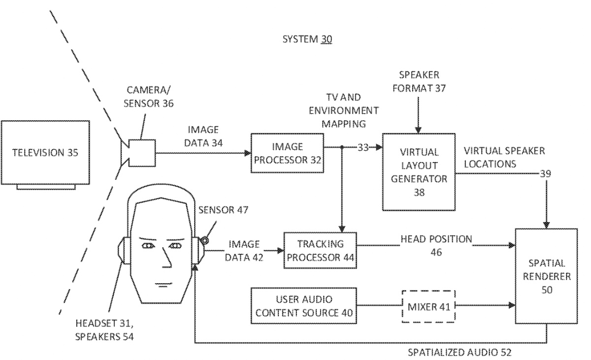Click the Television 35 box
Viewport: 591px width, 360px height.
[x=46, y=153]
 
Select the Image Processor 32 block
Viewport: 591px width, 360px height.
[x=287, y=153]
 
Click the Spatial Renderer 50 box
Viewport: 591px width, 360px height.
[x=546, y=276]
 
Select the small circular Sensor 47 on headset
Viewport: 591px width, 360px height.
[x=204, y=240]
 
